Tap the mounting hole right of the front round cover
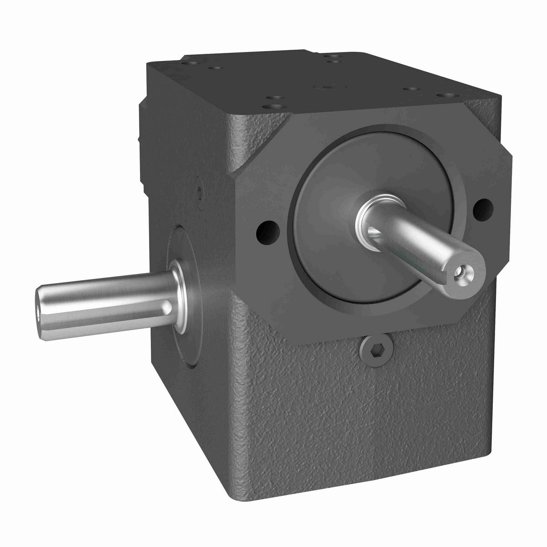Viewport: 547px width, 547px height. tap(483, 208)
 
